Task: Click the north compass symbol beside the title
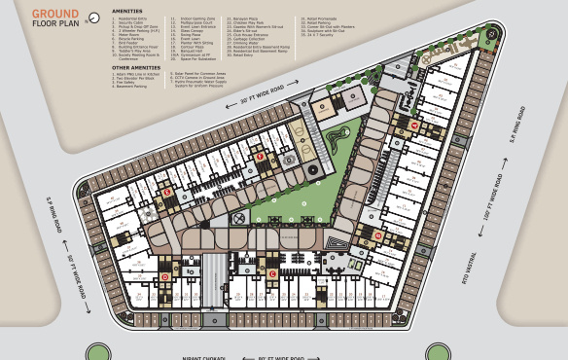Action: (x=93, y=18)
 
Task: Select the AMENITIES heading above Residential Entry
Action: (x=127, y=11)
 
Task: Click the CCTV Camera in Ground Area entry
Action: (x=200, y=77)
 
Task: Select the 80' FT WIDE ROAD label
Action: (x=282, y=357)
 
